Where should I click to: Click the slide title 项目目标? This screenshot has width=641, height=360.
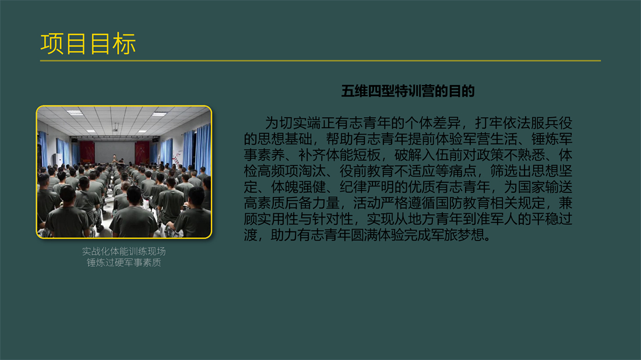point(88,44)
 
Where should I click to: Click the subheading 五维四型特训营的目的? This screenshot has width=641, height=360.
point(407,91)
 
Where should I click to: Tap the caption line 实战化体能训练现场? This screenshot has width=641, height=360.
point(124,251)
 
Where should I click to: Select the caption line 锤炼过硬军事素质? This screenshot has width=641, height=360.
point(124,262)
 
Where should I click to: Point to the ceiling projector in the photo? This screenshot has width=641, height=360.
point(116,129)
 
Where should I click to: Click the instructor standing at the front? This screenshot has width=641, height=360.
point(114,160)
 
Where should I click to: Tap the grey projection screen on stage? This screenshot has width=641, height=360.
point(115,151)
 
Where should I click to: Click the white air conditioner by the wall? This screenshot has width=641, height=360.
point(58,160)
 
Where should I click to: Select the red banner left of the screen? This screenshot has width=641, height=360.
point(87,152)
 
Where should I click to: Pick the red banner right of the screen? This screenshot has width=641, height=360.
point(142,152)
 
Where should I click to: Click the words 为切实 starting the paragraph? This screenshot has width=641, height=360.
point(286,123)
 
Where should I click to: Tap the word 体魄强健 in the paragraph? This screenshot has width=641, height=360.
point(298,187)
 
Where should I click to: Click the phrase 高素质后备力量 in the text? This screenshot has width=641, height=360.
point(291,203)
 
